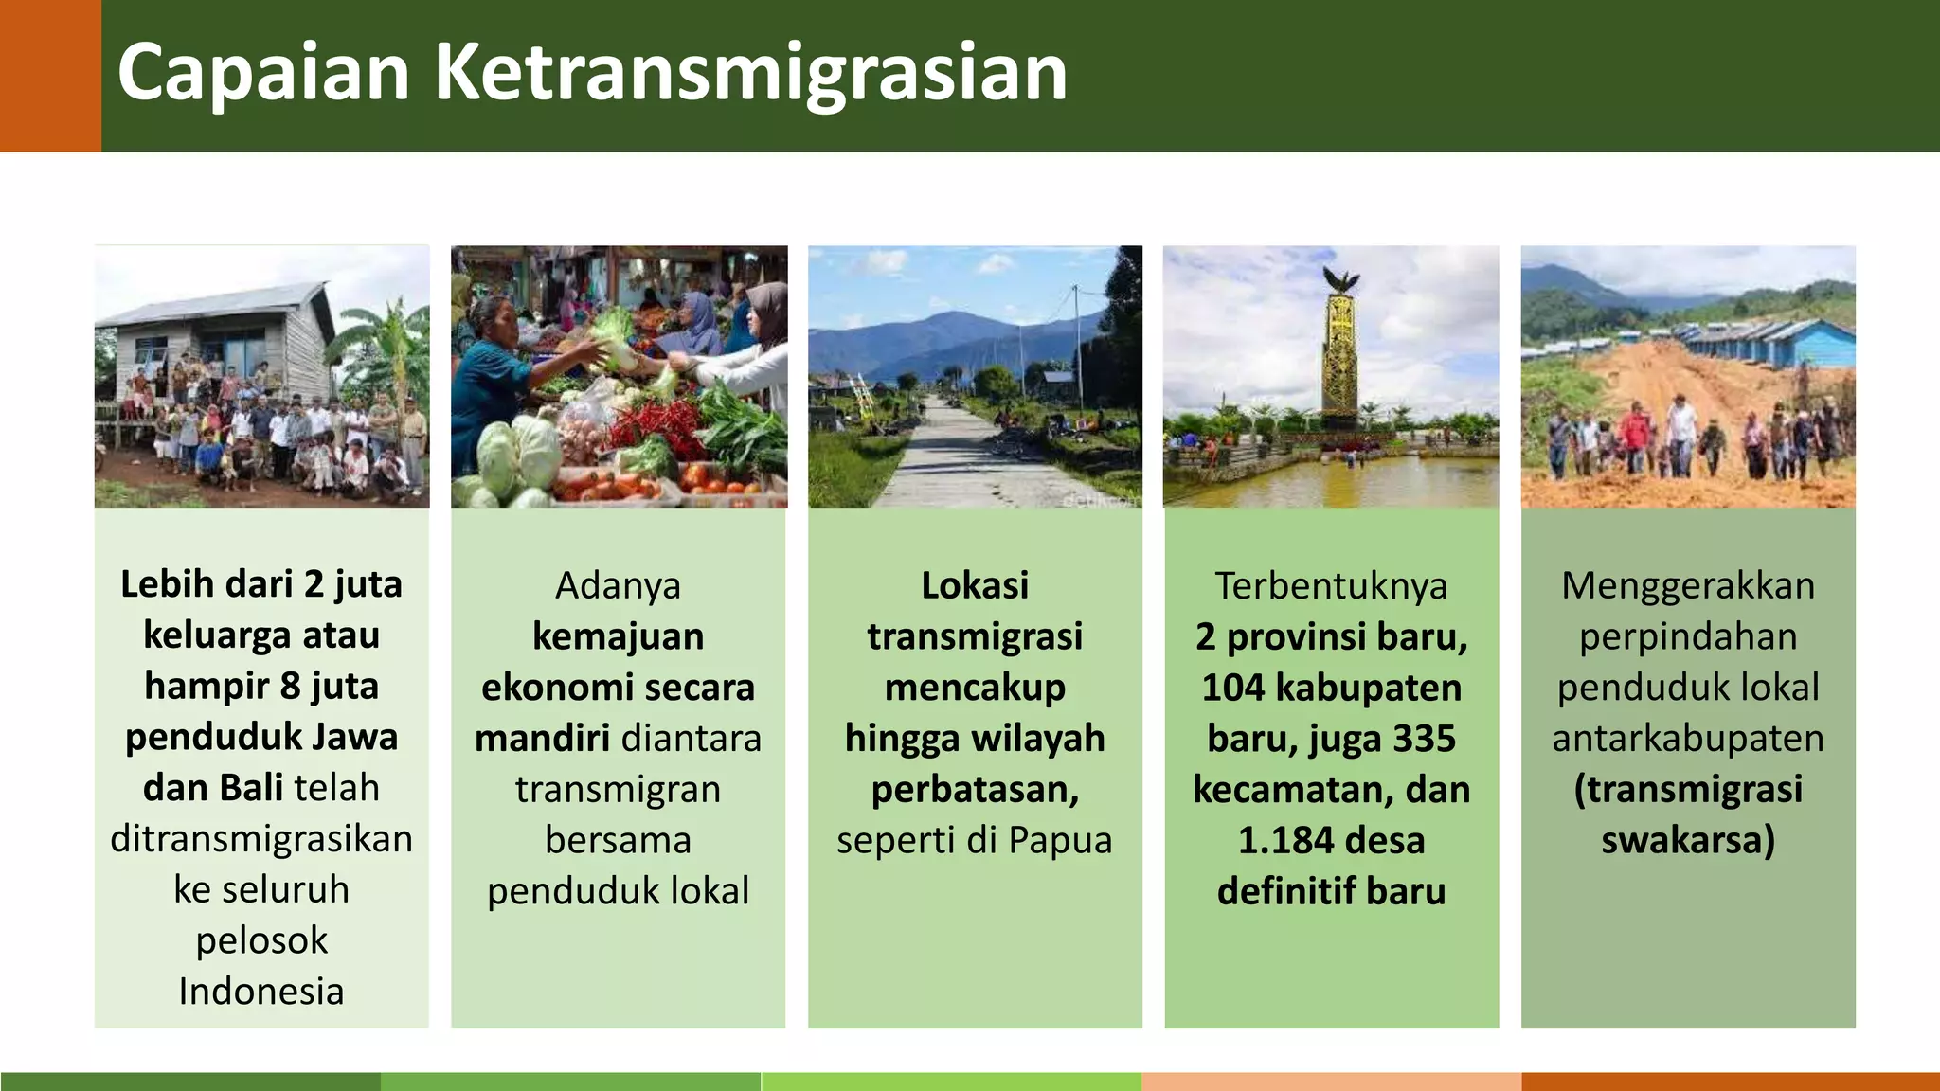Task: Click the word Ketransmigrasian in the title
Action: pyautogui.click(x=750, y=73)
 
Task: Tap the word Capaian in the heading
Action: pyautogui.click(x=263, y=73)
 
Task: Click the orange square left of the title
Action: pyautogui.click(x=50, y=76)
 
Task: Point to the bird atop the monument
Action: pyautogui.click(x=1340, y=279)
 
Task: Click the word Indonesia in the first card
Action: pyautogui.click(x=261, y=991)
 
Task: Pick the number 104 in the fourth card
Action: pyautogui.click(x=1234, y=688)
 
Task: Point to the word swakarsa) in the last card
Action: pyautogui.click(x=1688, y=840)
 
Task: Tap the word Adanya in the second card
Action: pyautogui.click(x=618, y=585)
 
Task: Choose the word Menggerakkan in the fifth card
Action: pyautogui.click(x=1688, y=585)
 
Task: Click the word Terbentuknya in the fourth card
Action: pyautogui.click(x=1331, y=585)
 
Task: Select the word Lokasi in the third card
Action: pyautogui.click(x=975, y=585)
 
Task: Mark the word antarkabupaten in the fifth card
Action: pyautogui.click(x=1688, y=738)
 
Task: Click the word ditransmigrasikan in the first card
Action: pyautogui.click(x=261, y=838)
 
